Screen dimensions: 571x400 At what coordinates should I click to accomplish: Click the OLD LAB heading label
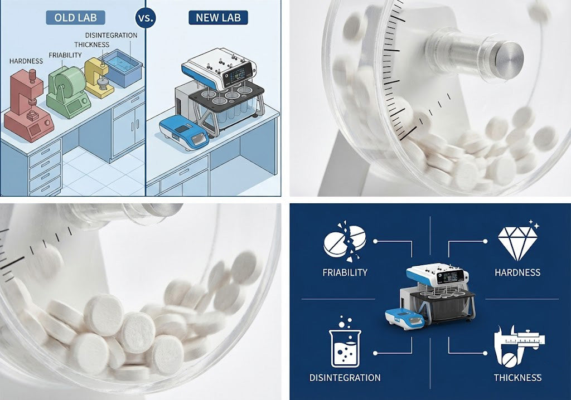tap(75, 17)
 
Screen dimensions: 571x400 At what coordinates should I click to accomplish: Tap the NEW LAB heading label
tap(218, 17)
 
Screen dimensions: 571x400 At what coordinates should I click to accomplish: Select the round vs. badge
tap(146, 17)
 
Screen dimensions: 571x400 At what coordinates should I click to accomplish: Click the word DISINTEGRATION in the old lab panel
tap(111, 35)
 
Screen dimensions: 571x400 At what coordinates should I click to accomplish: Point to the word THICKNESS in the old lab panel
tap(92, 45)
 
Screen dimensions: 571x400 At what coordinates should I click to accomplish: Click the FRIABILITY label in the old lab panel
tap(65, 55)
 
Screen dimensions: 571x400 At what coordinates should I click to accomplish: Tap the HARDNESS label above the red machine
tap(26, 61)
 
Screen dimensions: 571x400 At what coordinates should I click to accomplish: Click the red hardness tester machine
tap(28, 105)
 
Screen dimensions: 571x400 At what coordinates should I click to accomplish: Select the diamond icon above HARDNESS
tap(517, 241)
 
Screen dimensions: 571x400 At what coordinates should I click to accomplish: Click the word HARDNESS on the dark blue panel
tap(517, 272)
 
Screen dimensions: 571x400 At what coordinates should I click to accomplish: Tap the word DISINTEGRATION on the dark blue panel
tap(345, 377)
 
